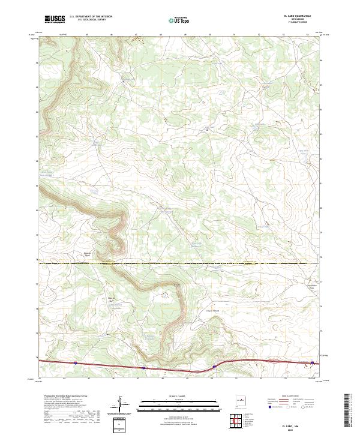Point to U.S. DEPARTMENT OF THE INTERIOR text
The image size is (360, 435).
(x=91, y=17)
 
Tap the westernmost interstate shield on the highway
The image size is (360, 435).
(x=76, y=362)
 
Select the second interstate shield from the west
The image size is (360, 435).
(x=143, y=368)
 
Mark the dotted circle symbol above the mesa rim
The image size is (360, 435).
(x=166, y=294)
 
